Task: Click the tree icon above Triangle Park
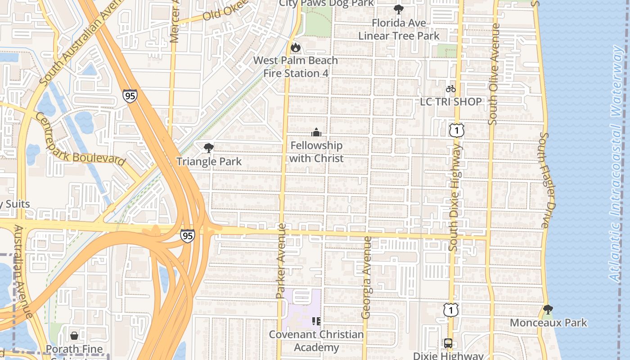[x=208, y=148]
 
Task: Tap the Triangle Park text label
[x=209, y=162]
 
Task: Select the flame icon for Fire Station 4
[x=295, y=47]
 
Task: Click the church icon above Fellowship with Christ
[x=316, y=132]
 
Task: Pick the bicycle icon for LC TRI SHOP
[x=450, y=89]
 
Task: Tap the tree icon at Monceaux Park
[x=548, y=310]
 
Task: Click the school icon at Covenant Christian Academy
[x=316, y=321]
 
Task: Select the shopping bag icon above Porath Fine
[x=74, y=336]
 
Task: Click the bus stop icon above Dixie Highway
[x=448, y=343]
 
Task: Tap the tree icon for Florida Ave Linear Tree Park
[x=398, y=9]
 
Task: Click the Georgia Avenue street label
[x=367, y=277]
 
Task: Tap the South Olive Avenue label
[x=494, y=74]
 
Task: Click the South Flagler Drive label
[x=545, y=180]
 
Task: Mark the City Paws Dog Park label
[x=326, y=4]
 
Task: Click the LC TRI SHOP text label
[x=451, y=102]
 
